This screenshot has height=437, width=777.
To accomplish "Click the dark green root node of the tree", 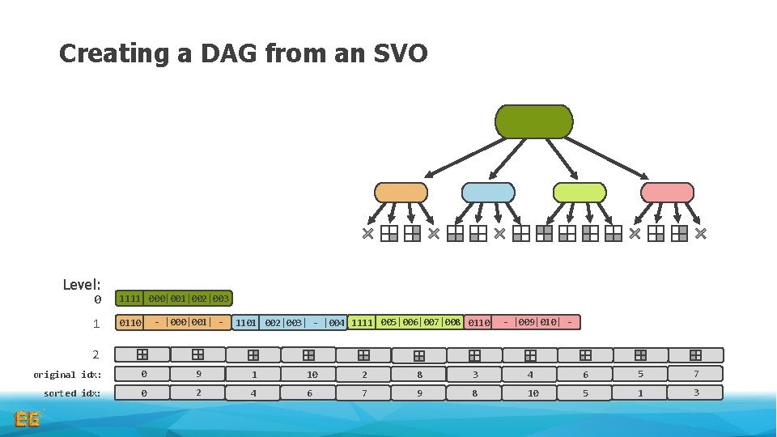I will click(x=533, y=121).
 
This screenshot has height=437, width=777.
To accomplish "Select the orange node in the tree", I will click(x=401, y=193).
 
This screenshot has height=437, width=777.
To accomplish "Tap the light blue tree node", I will click(x=487, y=193).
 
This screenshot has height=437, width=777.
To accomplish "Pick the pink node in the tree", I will click(x=667, y=193).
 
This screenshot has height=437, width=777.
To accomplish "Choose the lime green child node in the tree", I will click(x=579, y=193).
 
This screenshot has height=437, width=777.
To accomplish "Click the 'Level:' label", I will click(x=82, y=284).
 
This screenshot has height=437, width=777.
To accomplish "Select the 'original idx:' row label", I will click(x=67, y=375).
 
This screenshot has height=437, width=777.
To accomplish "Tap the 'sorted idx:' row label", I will click(x=72, y=393).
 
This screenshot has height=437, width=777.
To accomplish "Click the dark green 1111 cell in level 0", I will click(x=129, y=299).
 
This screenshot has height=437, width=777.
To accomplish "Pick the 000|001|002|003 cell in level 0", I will click(x=189, y=299).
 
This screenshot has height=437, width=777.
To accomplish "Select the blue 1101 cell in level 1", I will click(x=246, y=323).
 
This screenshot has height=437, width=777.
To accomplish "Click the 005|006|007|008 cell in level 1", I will click(x=420, y=322).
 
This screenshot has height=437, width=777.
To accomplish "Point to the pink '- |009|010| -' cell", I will click(x=538, y=322).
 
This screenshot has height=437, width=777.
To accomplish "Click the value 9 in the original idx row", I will click(x=197, y=375).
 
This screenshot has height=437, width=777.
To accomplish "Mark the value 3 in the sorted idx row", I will click(x=695, y=393).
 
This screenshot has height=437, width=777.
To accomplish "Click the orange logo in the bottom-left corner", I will click(x=28, y=419).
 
